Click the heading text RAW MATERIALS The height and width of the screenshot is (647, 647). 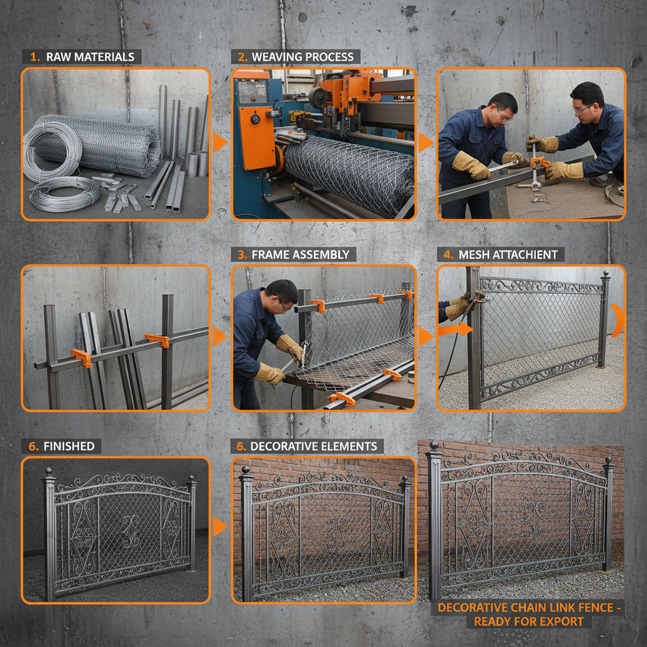click(x=90, y=57)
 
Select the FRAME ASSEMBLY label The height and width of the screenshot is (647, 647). click(x=300, y=255)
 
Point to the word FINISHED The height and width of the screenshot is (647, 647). click(x=69, y=446)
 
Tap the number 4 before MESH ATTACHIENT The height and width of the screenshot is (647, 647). click(x=448, y=255)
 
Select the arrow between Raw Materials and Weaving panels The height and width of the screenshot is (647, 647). click(x=220, y=142)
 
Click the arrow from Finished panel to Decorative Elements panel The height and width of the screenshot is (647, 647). click(x=220, y=526)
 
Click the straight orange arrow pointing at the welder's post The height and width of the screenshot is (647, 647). click(x=456, y=329)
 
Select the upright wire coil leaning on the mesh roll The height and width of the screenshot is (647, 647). click(x=52, y=152)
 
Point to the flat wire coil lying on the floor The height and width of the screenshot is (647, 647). click(x=65, y=194)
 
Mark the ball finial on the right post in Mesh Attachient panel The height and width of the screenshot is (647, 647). click(x=606, y=274)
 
